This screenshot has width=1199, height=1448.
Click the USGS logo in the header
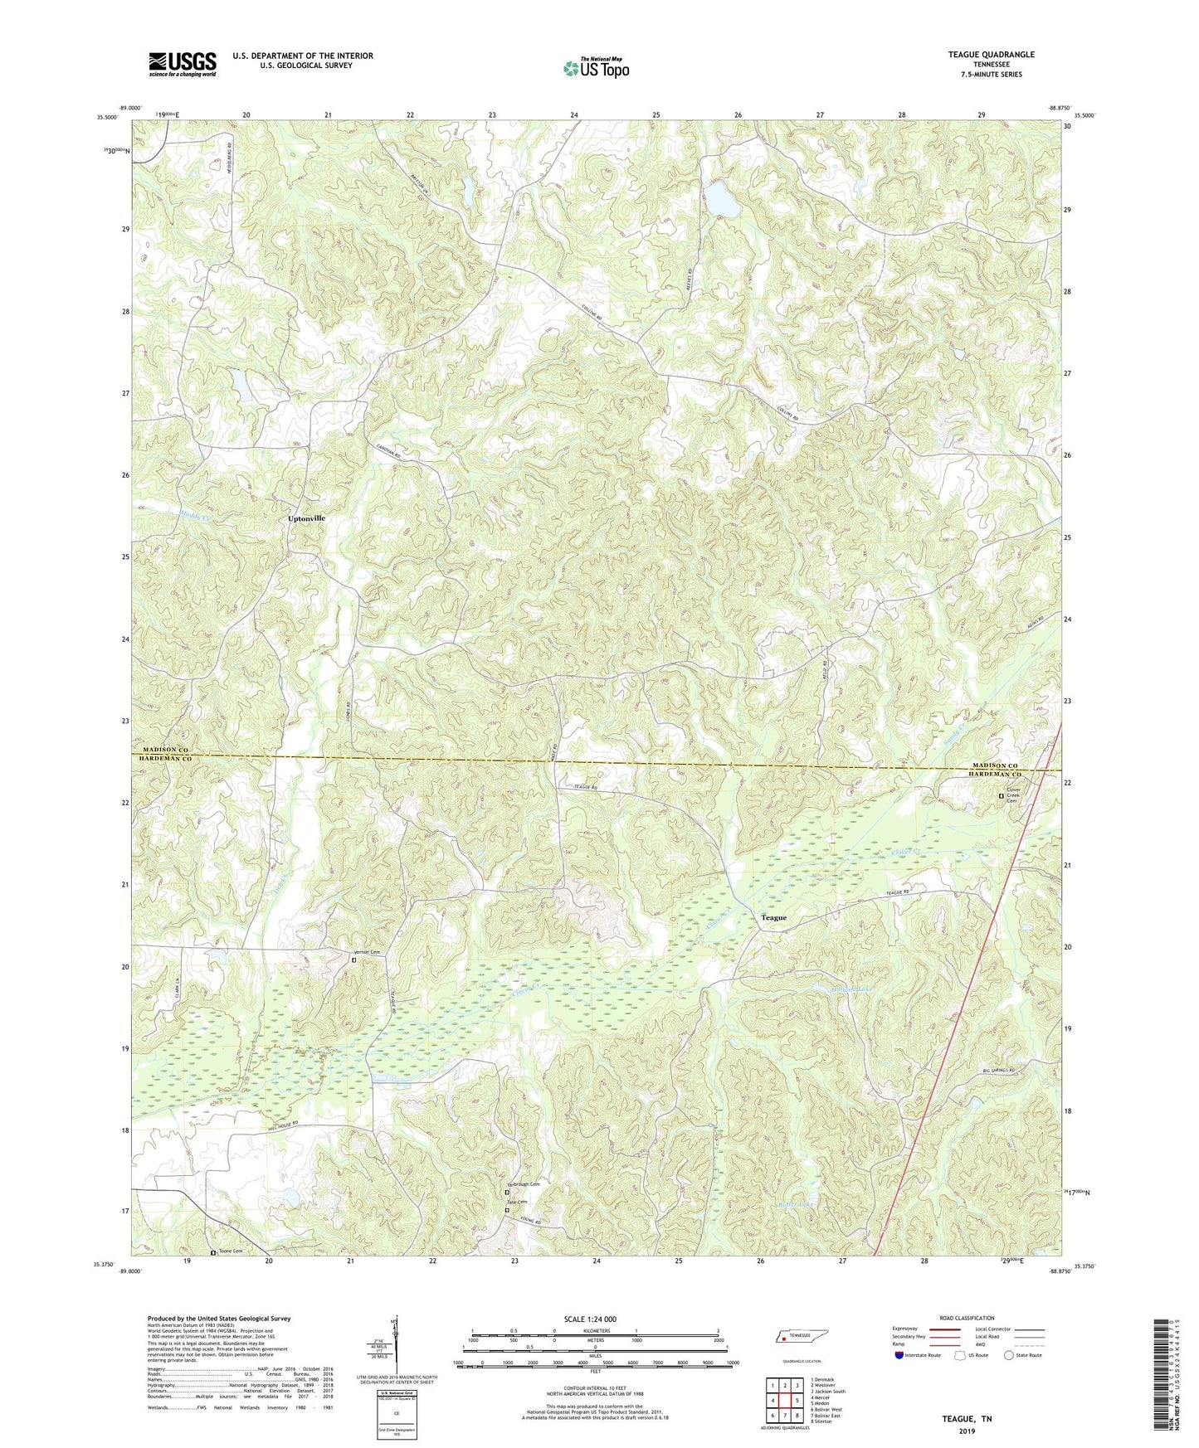183,64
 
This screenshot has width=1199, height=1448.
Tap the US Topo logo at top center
597,68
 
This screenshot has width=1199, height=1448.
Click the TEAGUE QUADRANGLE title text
991,55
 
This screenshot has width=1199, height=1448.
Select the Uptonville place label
306,517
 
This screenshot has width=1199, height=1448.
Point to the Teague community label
773,918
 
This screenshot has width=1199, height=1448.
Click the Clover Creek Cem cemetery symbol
1001,796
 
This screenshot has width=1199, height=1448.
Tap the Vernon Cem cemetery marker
353,960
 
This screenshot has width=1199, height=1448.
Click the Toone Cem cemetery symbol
213,1252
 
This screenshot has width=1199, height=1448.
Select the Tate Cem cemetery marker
508,1210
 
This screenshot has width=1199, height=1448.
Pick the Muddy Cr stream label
196,515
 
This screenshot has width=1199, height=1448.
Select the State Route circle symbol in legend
1008,1355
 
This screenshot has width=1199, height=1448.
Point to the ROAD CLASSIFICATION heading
967,1318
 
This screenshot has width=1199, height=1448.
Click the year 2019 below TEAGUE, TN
967,1431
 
